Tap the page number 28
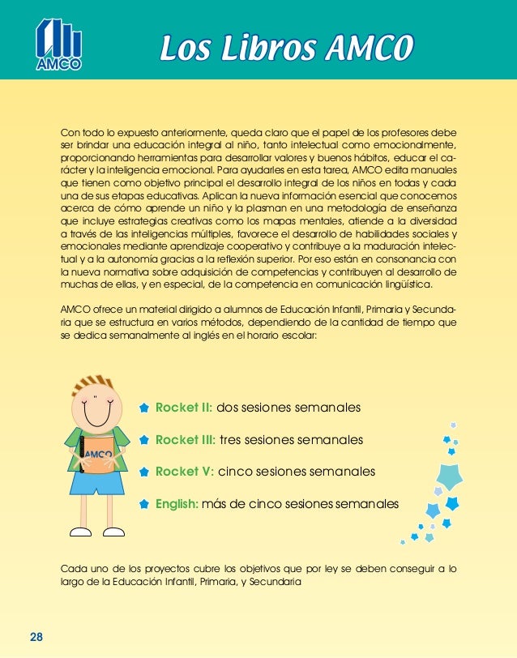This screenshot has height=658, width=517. tap(36, 636)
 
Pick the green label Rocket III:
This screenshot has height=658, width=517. tap(186, 439)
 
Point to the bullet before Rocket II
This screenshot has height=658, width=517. tap(143, 408)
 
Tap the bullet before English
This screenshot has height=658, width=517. tap(143, 504)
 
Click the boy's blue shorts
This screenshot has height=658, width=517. tap(97, 482)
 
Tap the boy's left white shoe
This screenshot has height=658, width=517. tap(81, 532)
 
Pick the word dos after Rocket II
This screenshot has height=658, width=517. tap(229, 407)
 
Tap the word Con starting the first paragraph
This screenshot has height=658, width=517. tap(71, 130)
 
